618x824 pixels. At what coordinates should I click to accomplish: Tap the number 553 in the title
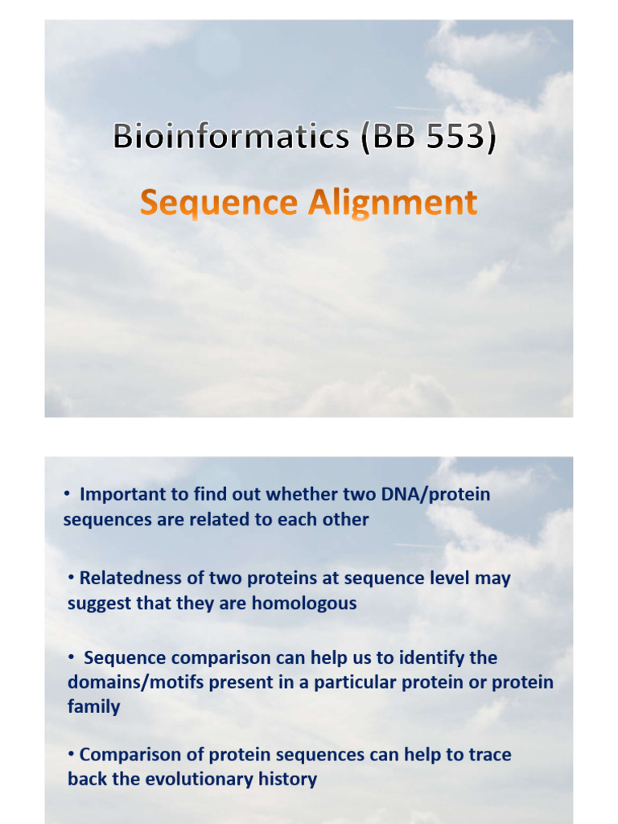point(449,137)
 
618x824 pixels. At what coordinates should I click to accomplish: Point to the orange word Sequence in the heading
point(218,203)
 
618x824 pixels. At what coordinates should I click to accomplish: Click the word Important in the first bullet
point(121,494)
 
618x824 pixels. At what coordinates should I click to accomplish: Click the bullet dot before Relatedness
point(72,579)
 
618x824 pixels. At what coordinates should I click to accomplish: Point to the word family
point(93,707)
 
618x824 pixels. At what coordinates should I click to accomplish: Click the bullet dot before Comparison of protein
point(72,755)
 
